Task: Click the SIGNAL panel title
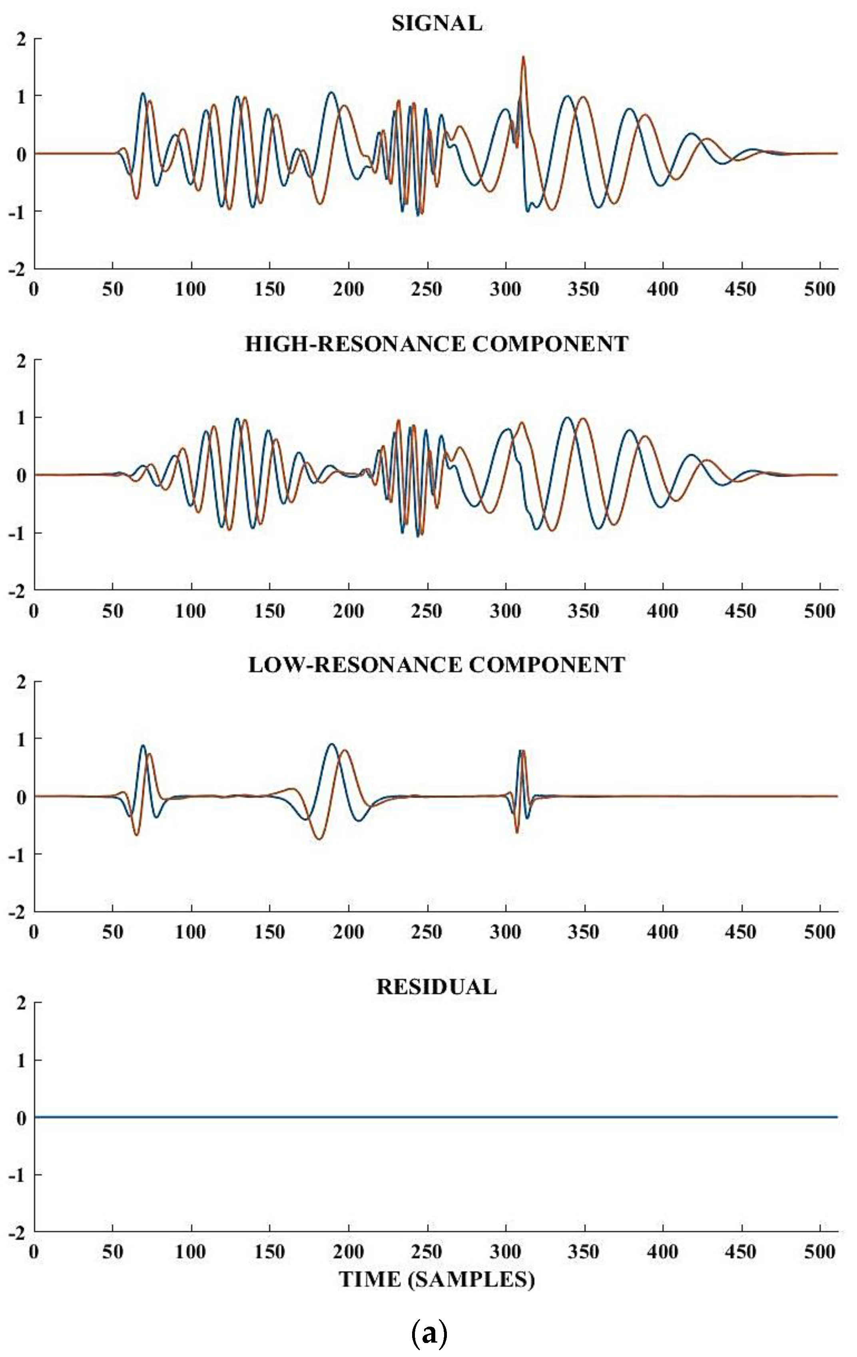pyautogui.click(x=437, y=23)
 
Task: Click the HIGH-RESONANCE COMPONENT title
pyautogui.click(x=437, y=344)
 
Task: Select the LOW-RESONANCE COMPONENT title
pyautogui.click(x=437, y=665)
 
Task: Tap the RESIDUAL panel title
pyautogui.click(x=437, y=987)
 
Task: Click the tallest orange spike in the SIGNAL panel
pyautogui.click(x=523, y=58)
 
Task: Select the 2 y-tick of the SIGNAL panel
pyautogui.click(x=22, y=38)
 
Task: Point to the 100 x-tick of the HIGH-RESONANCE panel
pyautogui.click(x=191, y=610)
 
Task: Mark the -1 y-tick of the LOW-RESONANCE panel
pyautogui.click(x=18, y=854)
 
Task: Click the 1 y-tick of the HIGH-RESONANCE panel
pyautogui.click(x=22, y=418)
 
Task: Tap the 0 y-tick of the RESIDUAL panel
pyautogui.click(x=22, y=1119)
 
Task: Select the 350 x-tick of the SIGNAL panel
pyautogui.click(x=583, y=289)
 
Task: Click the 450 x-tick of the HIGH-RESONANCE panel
pyautogui.click(x=740, y=610)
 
